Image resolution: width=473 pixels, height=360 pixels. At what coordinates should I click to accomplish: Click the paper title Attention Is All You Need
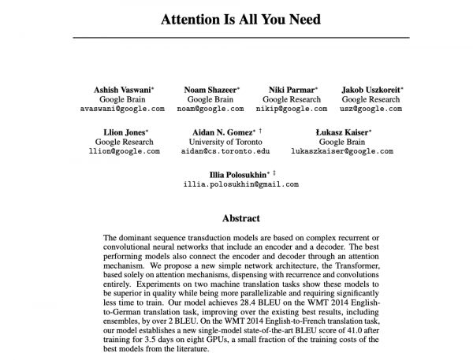pyautogui.click(x=241, y=19)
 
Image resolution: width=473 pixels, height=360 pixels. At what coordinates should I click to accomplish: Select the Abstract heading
pyautogui.click(x=241, y=217)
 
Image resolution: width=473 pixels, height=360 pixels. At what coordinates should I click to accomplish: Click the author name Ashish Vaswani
pyautogui.click(x=119, y=90)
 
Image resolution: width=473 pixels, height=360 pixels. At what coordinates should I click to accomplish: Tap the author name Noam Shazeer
pyautogui.click(x=209, y=90)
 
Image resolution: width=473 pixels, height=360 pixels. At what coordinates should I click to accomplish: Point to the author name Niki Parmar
pyautogui.click(x=289, y=90)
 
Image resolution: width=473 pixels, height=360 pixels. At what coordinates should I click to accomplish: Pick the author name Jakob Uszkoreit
pyautogui.click(x=370, y=90)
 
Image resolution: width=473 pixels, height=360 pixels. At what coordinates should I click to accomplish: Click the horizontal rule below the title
pyautogui.click(x=241, y=38)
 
